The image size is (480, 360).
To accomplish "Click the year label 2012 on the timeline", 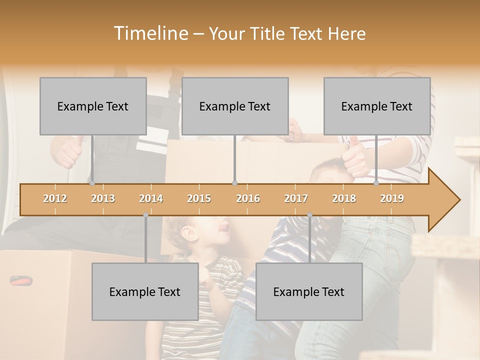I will (x=55, y=198).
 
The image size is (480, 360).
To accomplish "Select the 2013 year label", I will (x=103, y=198).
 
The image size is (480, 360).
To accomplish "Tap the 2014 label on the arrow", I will (x=151, y=198).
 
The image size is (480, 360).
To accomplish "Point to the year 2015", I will (x=199, y=198).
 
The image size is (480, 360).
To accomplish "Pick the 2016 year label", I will (x=248, y=198).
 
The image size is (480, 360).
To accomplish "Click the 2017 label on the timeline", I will (x=296, y=198).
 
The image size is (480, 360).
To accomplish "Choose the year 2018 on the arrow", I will (x=344, y=198).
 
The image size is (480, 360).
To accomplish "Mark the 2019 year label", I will (x=392, y=198).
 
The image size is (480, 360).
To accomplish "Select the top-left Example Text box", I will (x=93, y=106).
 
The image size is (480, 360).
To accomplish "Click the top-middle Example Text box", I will (x=235, y=106).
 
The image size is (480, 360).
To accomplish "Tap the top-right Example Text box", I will (x=377, y=106).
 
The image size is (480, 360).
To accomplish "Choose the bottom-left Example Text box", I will (x=145, y=291).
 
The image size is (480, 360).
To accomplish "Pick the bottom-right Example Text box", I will (x=309, y=291).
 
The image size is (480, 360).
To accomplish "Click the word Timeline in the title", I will (x=150, y=33).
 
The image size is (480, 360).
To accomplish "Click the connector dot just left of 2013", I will (x=92, y=183).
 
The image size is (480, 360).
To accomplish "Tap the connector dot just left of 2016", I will (x=235, y=183).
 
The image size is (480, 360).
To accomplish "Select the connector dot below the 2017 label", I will (x=309, y=215).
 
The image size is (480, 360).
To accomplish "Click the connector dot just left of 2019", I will (x=376, y=183).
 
